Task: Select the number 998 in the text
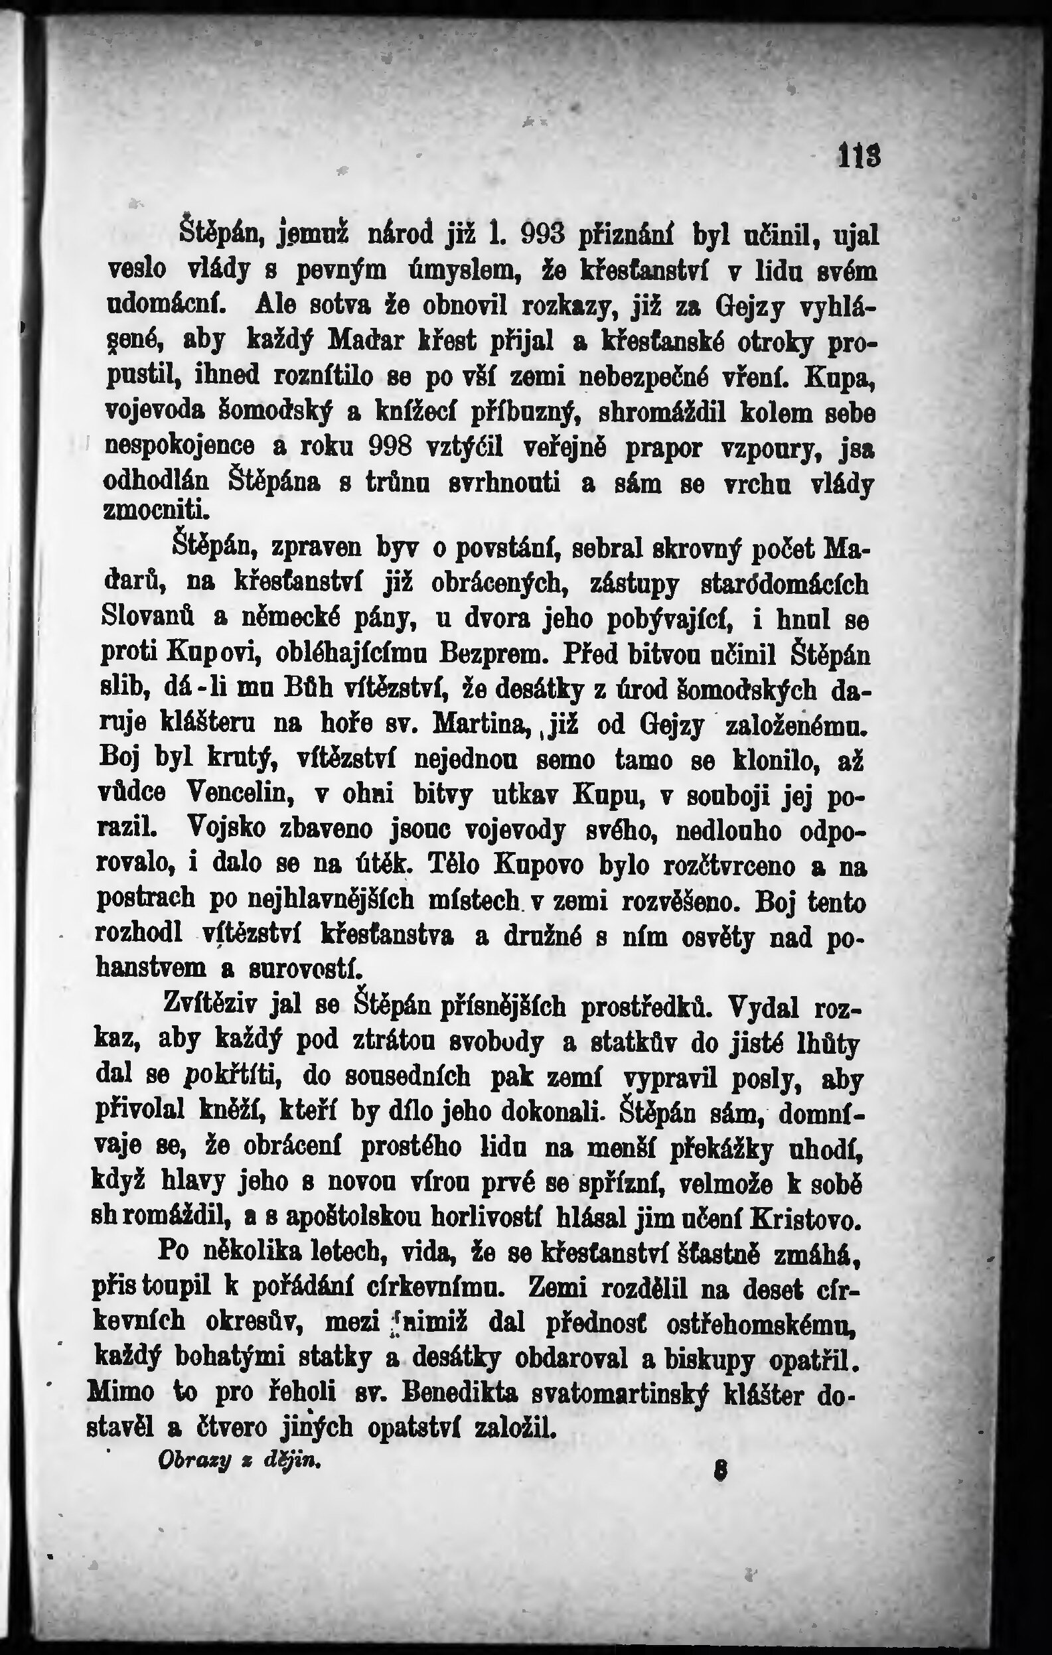390,447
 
